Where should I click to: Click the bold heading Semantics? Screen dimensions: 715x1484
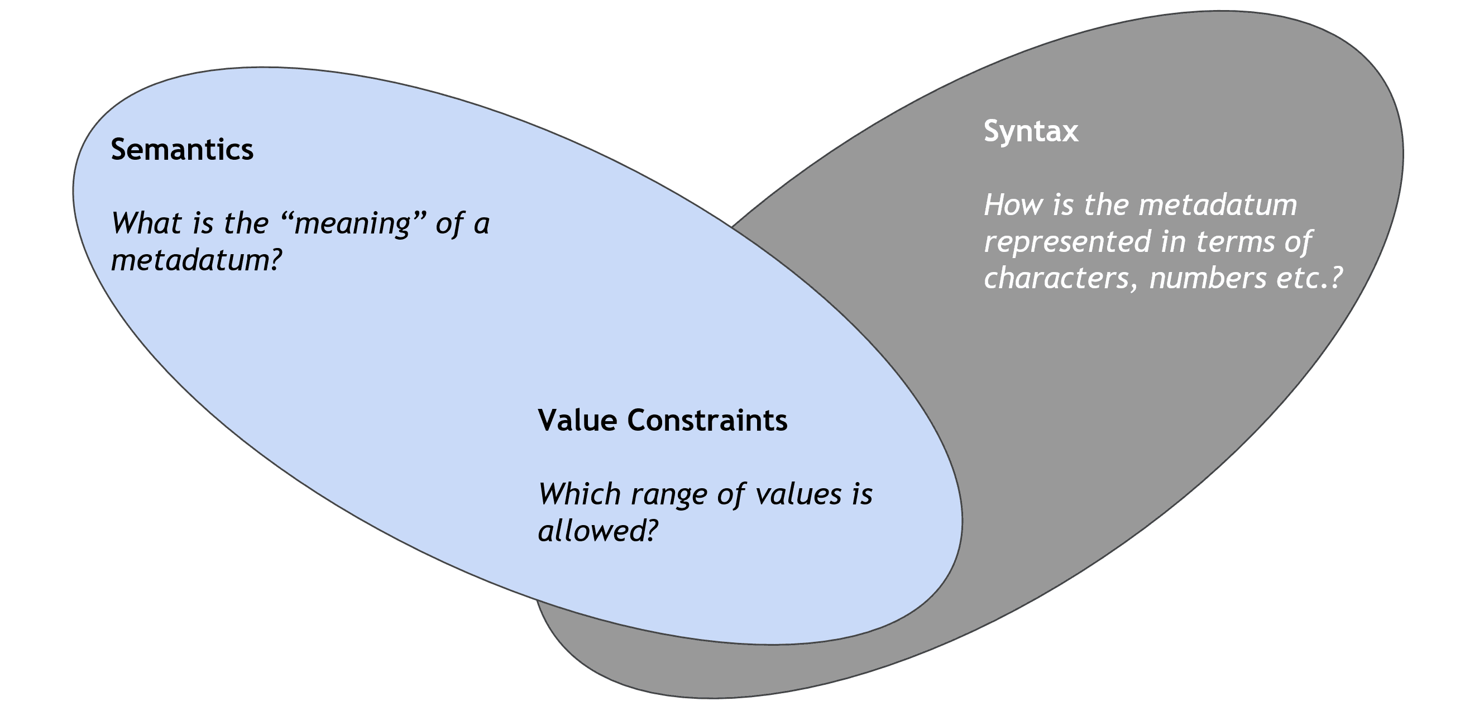pyautogui.click(x=182, y=150)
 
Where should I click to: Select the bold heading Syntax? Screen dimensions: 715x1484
pyautogui.click(x=1031, y=132)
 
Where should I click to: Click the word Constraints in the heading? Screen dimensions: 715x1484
pyautogui.click(x=707, y=420)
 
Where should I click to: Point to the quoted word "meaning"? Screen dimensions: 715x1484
pyautogui.click(x=352, y=224)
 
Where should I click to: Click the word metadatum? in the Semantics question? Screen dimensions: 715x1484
pyautogui.click(x=196, y=261)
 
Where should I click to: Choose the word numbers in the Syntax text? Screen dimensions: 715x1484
pyautogui.click(x=1208, y=279)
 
